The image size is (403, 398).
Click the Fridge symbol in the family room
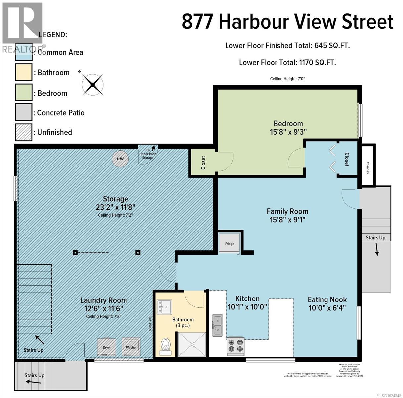click(229, 244)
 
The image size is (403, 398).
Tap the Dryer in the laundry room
click(106, 346)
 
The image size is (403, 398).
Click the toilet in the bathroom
click(165, 345)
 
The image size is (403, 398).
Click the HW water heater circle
click(120, 159)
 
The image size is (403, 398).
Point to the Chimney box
click(368, 165)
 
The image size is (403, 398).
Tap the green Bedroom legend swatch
click(24, 93)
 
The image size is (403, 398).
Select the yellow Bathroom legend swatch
click(24, 72)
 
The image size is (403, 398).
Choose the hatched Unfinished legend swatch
click(24, 132)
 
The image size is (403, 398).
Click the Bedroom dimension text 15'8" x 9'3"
click(288, 132)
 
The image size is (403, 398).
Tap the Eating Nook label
click(327, 299)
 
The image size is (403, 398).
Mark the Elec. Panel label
click(150, 323)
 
